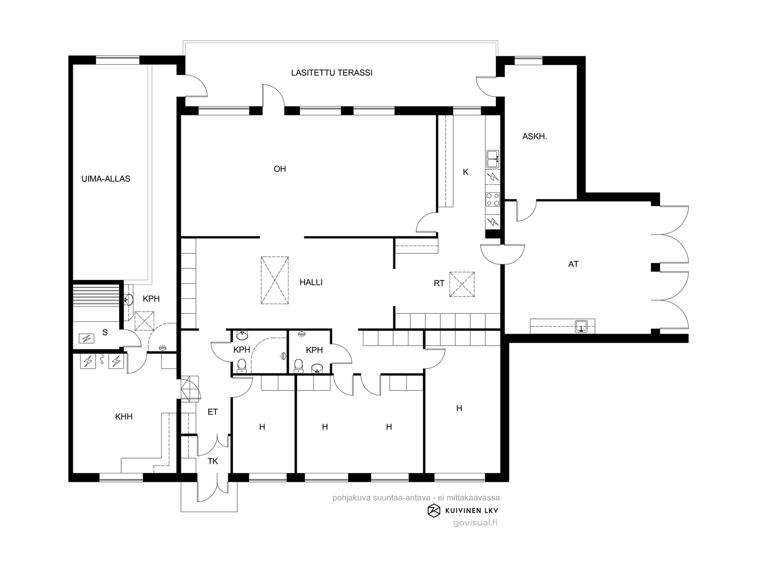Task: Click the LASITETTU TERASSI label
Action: pos(332,73)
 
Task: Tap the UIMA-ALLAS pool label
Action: pos(106,178)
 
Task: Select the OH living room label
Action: pos(280,169)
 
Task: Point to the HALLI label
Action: pos(311,283)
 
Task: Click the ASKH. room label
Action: pos(535,137)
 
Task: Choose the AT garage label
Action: pos(573,264)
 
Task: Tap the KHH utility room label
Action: pos(124,417)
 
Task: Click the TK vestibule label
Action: pos(213,461)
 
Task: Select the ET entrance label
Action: pos(213,412)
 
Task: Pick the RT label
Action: pos(439,284)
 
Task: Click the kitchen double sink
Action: pos(493,159)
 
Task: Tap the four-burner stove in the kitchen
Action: pos(493,199)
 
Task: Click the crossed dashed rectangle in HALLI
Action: pos(274,280)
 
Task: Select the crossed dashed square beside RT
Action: pos(462,284)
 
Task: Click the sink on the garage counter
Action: pos(581,326)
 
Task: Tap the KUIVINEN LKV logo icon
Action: pos(434,511)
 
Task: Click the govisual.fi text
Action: pos(475,523)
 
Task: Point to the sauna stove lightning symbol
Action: pos(86,338)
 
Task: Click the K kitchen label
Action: pos(466,172)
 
